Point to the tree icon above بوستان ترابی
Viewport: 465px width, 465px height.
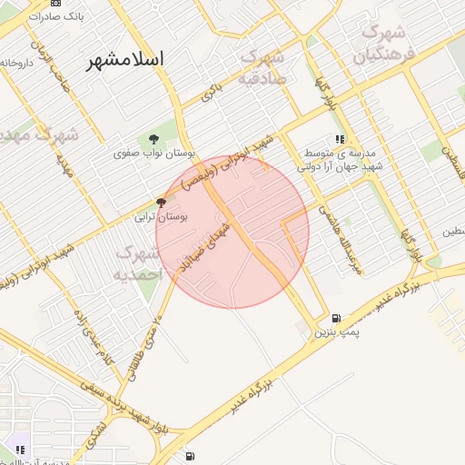pyautogui.click(x=162, y=203)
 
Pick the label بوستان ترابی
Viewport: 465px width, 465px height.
pyautogui.click(x=161, y=217)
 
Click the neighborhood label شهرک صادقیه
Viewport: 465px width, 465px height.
pyautogui.click(x=262, y=67)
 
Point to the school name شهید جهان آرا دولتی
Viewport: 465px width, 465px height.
pyautogui.click(x=342, y=167)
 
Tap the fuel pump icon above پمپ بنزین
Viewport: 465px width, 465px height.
pyautogui.click(x=337, y=319)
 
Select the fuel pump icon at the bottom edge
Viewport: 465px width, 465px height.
pyautogui.click(x=189, y=457)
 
